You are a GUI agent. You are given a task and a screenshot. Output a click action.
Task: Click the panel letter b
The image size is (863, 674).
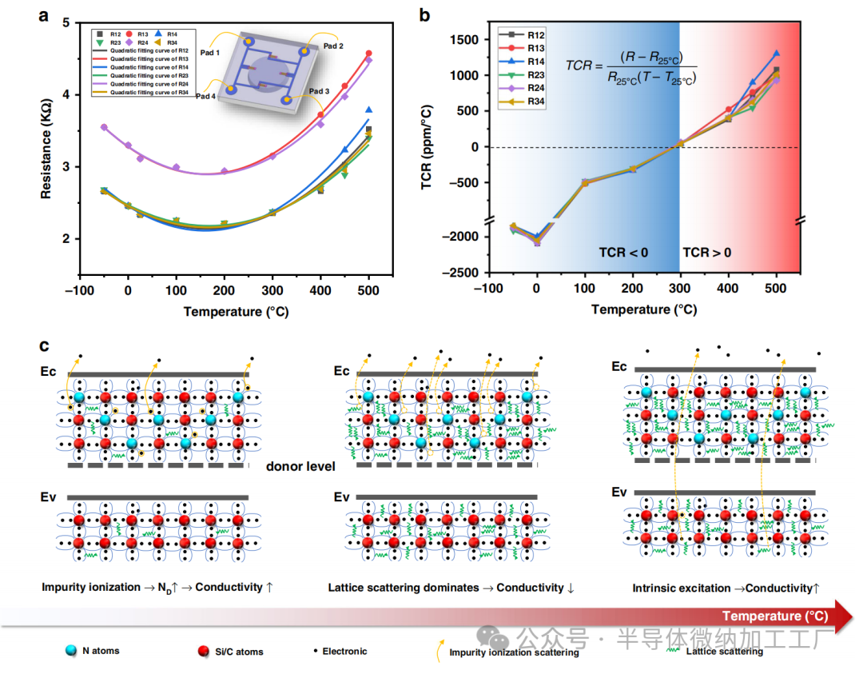(424, 14)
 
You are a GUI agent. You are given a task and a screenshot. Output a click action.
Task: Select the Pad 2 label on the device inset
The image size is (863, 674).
(333, 46)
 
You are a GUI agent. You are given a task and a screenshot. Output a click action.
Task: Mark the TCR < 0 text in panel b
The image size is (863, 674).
(623, 253)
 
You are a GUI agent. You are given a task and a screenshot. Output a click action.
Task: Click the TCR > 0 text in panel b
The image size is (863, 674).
(706, 253)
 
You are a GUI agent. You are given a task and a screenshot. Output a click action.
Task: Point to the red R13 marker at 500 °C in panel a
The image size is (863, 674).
(368, 54)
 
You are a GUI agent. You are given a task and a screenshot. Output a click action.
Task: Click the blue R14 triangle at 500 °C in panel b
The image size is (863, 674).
(776, 54)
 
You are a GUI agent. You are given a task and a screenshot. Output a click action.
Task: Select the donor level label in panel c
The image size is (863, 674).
(300, 466)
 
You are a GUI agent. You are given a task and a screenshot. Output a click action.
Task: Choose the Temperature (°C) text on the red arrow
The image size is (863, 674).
(774, 616)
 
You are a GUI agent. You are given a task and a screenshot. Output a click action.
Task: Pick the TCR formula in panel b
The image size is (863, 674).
(631, 71)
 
